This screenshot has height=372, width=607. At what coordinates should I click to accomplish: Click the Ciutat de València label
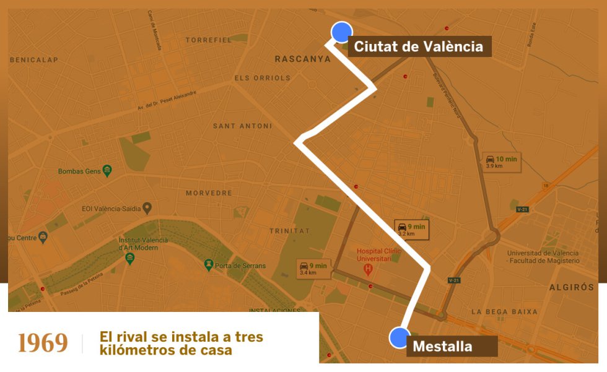pos(419,46)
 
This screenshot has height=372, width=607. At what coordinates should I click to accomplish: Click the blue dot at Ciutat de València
pos(341,32)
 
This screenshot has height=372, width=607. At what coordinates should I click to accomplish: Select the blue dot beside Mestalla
pos(400,338)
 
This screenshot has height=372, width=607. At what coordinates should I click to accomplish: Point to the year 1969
pos(43,343)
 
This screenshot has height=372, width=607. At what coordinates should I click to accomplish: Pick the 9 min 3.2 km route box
pos(412,230)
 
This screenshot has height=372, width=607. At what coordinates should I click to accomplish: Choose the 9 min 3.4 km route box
pos(313,268)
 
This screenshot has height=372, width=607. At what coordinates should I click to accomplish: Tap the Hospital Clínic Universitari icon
pos(367,270)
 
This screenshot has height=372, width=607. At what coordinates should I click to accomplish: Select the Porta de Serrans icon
pos(209,266)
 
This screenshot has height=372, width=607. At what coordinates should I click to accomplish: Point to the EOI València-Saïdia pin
pos(147,208)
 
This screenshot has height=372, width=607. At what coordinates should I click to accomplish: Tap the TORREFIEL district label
pos(209,40)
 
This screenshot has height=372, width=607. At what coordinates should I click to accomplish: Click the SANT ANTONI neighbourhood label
pos(242,126)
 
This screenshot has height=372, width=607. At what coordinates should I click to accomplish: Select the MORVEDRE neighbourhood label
pos(209,193)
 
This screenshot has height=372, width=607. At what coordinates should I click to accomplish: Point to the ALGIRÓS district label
pos(571,287)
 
